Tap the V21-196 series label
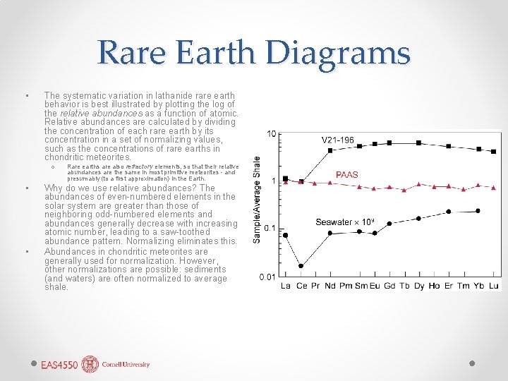[x=338, y=140]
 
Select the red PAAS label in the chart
[x=346, y=174]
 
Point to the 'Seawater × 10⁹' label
[x=345, y=222]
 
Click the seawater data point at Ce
[x=301, y=266]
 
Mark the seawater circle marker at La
[x=286, y=235]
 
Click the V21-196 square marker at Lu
[x=494, y=150]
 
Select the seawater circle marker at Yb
[x=478, y=210]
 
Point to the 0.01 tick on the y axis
[x=267, y=277]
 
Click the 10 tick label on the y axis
[x=272, y=134]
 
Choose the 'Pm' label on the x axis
[x=346, y=286]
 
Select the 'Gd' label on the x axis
[x=390, y=286]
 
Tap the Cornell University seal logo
[x=90, y=364]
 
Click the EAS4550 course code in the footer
[x=59, y=365]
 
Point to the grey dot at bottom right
[x=472, y=363]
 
